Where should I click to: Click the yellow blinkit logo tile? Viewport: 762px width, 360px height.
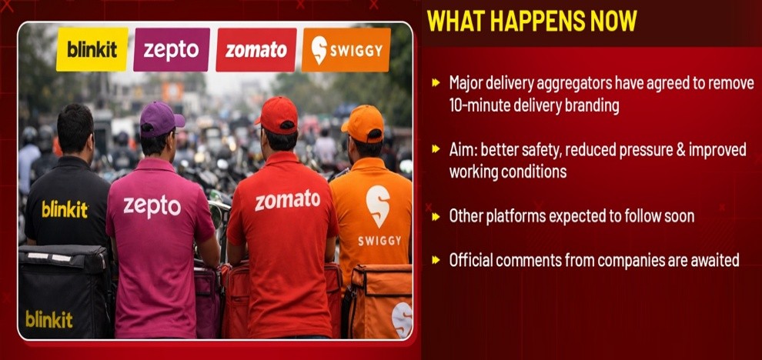(92, 49)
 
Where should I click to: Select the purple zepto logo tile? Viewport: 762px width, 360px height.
(172, 49)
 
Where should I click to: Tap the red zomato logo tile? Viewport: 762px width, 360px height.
(256, 49)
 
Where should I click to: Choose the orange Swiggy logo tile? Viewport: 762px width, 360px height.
(346, 49)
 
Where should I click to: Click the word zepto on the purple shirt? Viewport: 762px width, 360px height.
(152, 206)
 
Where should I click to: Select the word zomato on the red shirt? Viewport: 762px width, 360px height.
(288, 200)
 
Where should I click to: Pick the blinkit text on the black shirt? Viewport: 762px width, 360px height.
(65, 209)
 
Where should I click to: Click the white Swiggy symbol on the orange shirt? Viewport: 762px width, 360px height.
(378, 206)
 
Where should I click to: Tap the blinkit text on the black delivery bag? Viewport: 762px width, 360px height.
(49, 319)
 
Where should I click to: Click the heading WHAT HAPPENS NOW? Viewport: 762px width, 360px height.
(532, 22)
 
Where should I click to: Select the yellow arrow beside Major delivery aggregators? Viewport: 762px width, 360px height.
(436, 83)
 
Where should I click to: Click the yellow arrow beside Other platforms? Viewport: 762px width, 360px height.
(436, 216)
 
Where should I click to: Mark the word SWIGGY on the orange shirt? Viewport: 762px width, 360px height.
(379, 241)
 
